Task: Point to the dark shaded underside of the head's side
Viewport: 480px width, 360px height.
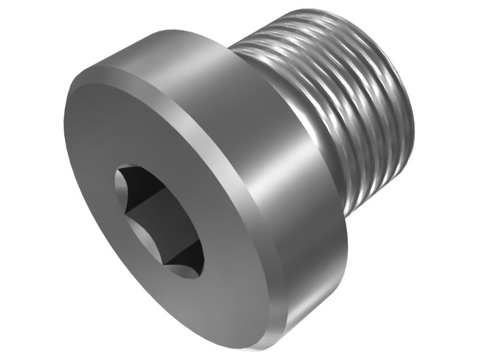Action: (x=324, y=282)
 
